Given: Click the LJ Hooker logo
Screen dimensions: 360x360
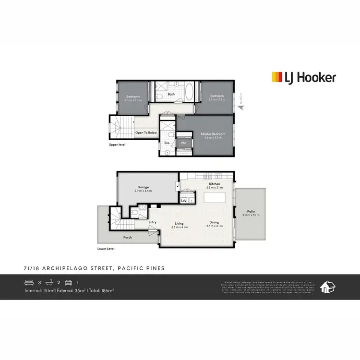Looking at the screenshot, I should (x=304, y=77).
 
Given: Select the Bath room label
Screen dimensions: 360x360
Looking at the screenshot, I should (x=171, y=94).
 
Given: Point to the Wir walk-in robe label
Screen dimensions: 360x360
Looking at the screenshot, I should (x=183, y=143).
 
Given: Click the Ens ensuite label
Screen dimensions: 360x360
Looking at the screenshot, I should (x=167, y=143).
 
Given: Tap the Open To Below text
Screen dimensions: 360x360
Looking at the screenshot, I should (x=146, y=132).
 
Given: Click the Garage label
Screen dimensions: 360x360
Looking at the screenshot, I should (x=143, y=187).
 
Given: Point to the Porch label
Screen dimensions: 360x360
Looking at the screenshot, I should (x=127, y=237).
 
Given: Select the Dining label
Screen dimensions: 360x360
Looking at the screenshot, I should (x=214, y=222).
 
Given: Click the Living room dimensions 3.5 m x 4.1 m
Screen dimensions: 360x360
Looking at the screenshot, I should (x=179, y=227).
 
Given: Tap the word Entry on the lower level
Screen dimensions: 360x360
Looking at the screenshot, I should (x=153, y=222).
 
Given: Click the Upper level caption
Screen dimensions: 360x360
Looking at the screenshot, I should (x=117, y=144).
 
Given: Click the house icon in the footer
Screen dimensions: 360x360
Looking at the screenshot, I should (x=327, y=287).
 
